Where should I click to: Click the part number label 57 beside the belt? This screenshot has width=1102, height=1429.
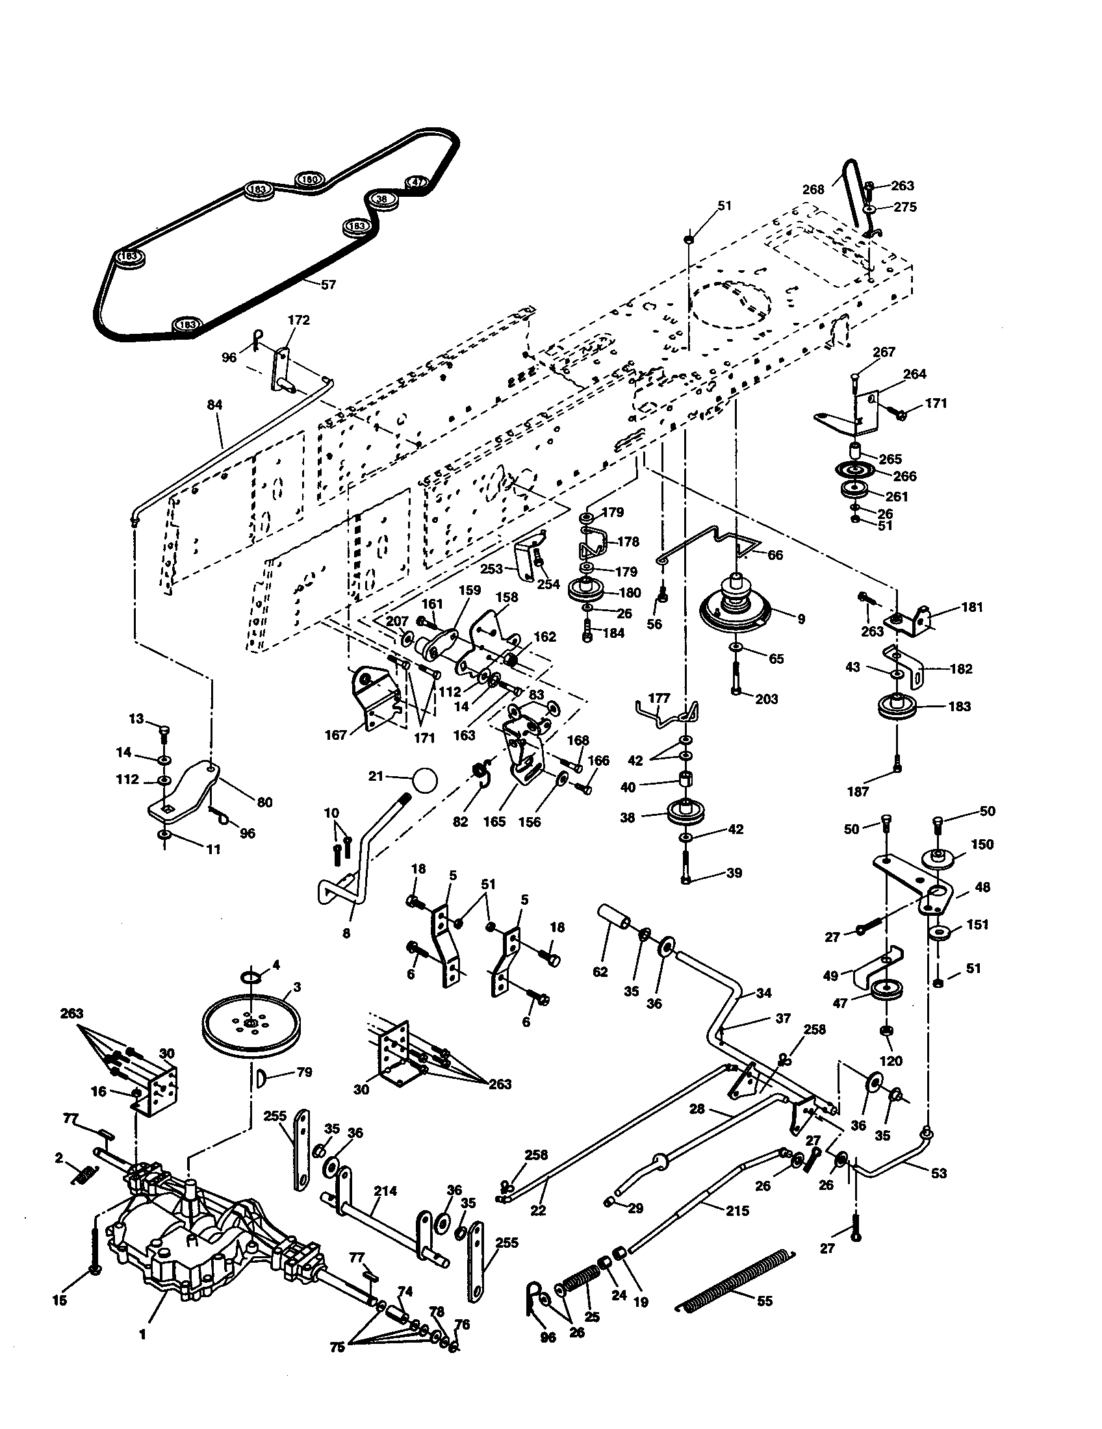[329, 285]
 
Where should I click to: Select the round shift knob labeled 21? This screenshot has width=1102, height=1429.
[424, 779]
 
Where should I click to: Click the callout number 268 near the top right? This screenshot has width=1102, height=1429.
[814, 190]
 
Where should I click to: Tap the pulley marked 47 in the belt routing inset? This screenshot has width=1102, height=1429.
[418, 183]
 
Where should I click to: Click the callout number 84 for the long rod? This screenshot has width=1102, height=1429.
[214, 405]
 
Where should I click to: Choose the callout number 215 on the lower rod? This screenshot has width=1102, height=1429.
[737, 1211]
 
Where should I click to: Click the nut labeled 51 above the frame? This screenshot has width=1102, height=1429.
[688, 240]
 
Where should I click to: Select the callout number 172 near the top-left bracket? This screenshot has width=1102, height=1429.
[298, 320]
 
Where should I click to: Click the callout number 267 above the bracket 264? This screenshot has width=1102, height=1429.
[884, 352]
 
